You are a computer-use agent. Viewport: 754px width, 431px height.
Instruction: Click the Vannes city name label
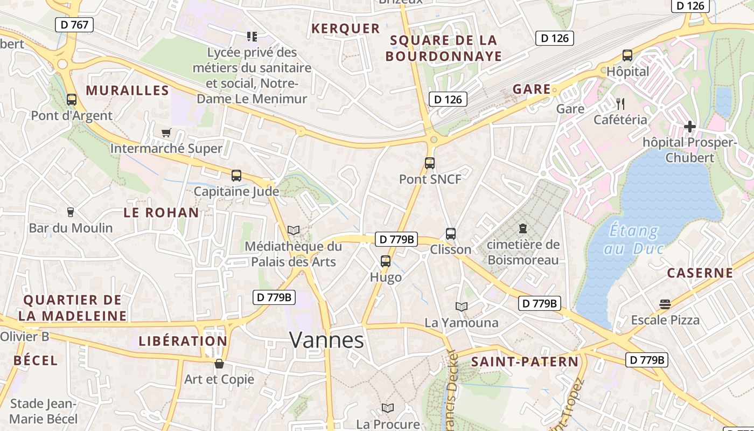326,340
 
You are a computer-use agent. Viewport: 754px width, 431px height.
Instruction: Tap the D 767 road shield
74,24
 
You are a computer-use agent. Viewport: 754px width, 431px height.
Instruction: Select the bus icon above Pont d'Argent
72,100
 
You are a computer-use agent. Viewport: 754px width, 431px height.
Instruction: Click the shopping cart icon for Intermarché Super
166,133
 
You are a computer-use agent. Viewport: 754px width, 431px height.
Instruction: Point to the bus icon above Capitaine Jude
236,175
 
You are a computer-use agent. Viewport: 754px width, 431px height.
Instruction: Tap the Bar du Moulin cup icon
70,212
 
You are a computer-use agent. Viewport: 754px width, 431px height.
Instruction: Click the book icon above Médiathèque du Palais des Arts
294,231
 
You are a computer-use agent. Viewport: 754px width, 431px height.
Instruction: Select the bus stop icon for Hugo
386,261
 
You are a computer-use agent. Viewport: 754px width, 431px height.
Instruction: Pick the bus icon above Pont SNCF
429,163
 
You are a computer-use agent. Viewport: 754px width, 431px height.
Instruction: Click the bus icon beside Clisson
451,234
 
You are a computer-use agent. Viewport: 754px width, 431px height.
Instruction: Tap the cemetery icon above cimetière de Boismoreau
522,228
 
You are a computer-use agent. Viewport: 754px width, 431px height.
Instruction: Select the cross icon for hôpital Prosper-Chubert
689,127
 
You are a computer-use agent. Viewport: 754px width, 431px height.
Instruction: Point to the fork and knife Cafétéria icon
620,103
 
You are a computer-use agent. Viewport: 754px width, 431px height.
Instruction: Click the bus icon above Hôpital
627,55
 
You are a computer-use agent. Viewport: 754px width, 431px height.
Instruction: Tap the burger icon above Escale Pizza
665,304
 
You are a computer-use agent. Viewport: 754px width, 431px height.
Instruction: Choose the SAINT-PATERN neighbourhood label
525,362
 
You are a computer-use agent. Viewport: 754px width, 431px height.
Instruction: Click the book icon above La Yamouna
462,307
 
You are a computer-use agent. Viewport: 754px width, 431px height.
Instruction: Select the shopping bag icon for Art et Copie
219,364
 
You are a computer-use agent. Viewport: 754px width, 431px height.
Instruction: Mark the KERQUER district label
346,29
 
